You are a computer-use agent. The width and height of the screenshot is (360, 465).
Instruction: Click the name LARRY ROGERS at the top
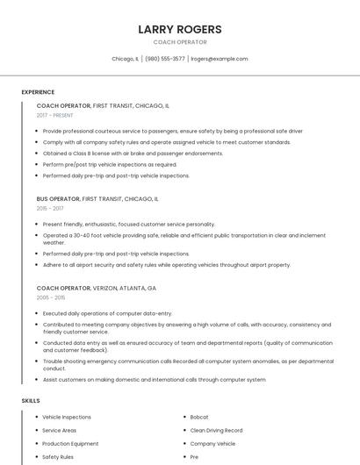tap(180, 29)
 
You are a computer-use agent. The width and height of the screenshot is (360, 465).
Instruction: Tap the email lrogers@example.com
tap(219, 59)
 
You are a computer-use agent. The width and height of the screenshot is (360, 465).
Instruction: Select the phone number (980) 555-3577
tap(165, 59)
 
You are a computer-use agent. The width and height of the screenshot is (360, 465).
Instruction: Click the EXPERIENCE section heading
tap(38, 92)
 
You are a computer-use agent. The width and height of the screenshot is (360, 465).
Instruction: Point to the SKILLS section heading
tap(31, 400)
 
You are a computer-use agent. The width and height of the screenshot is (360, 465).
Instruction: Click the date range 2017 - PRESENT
tap(55, 115)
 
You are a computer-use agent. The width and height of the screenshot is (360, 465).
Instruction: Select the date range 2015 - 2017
tap(50, 209)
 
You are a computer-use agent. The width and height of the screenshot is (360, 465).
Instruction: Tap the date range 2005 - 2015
tap(51, 297)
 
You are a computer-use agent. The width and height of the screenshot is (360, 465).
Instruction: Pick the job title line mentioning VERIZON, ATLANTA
tap(97, 288)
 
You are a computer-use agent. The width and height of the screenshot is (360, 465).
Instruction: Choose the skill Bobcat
tap(199, 417)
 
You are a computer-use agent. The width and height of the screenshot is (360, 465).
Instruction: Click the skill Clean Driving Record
tap(216, 430)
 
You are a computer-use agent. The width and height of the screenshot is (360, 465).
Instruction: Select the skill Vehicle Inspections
tap(67, 417)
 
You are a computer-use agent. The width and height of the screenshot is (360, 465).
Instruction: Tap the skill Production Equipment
tap(70, 443)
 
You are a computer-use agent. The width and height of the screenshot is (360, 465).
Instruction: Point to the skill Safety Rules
tap(58, 456)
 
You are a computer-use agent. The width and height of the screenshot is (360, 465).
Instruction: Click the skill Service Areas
tap(60, 430)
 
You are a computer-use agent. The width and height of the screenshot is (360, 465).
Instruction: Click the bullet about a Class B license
tap(133, 153)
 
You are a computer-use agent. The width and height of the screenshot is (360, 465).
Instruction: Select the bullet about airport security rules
tap(166, 264)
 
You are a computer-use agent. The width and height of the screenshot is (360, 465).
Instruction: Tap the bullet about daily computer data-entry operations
tap(107, 312)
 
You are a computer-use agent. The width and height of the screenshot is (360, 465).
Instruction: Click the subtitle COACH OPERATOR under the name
tap(180, 42)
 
